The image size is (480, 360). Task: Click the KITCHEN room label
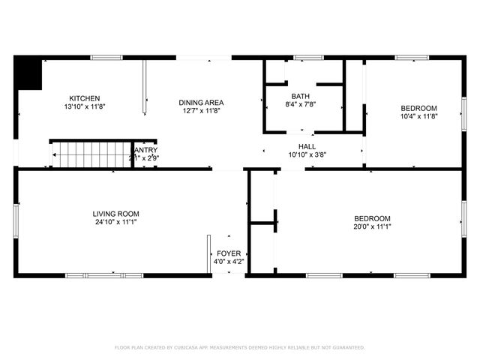click(x=85, y=98)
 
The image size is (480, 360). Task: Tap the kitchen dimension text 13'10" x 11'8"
click(x=85, y=107)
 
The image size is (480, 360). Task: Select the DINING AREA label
click(x=201, y=103)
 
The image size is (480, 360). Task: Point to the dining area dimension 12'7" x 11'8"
click(x=201, y=112)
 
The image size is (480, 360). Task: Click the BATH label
click(x=300, y=96)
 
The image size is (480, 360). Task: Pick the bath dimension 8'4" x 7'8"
click(x=300, y=105)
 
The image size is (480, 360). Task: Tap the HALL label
click(x=307, y=146)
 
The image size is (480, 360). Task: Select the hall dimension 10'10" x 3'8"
click(x=307, y=155)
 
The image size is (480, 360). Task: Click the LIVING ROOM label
click(x=115, y=213)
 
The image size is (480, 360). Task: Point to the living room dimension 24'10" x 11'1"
click(x=115, y=222)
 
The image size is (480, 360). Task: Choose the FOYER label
click(x=229, y=253)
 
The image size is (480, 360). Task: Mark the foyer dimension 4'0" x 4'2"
click(x=229, y=262)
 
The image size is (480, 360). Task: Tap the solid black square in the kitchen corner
click(x=29, y=73)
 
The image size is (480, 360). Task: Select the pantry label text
click(x=144, y=150)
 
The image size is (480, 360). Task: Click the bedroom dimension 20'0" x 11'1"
click(x=372, y=226)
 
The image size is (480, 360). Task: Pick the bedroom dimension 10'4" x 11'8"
click(x=418, y=116)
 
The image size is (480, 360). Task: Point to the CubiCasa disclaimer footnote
click(x=239, y=347)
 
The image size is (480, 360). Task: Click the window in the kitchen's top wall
click(x=106, y=57)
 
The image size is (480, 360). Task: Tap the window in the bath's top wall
click(x=304, y=57)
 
